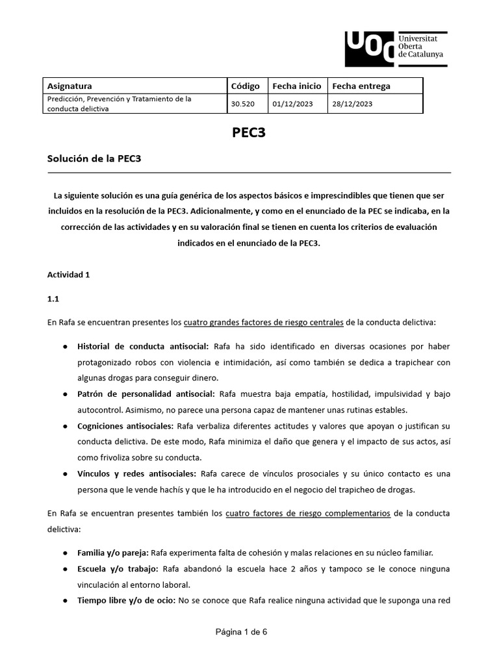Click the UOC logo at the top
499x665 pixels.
pyautogui.click(x=394, y=47)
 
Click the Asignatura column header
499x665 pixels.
pyautogui.click(x=70, y=86)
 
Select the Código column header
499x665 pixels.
pyautogui.click(x=245, y=86)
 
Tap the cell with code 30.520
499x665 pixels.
pyautogui.click(x=242, y=103)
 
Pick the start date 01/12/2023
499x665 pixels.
pyautogui.click(x=293, y=103)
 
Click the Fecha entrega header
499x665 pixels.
pyautogui.click(x=361, y=86)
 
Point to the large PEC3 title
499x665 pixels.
pyautogui.click(x=249, y=133)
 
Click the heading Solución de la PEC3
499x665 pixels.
pyautogui.click(x=94, y=159)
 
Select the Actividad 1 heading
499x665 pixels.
pyautogui.click(x=68, y=275)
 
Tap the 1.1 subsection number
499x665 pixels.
pyautogui.click(x=53, y=299)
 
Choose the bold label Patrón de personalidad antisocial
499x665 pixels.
pyautogui.click(x=147, y=394)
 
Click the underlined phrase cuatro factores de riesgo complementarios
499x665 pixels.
pyautogui.click(x=308, y=513)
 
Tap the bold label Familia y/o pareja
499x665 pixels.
pyautogui.click(x=113, y=553)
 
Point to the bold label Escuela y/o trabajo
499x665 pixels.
pyautogui.click(x=118, y=569)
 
